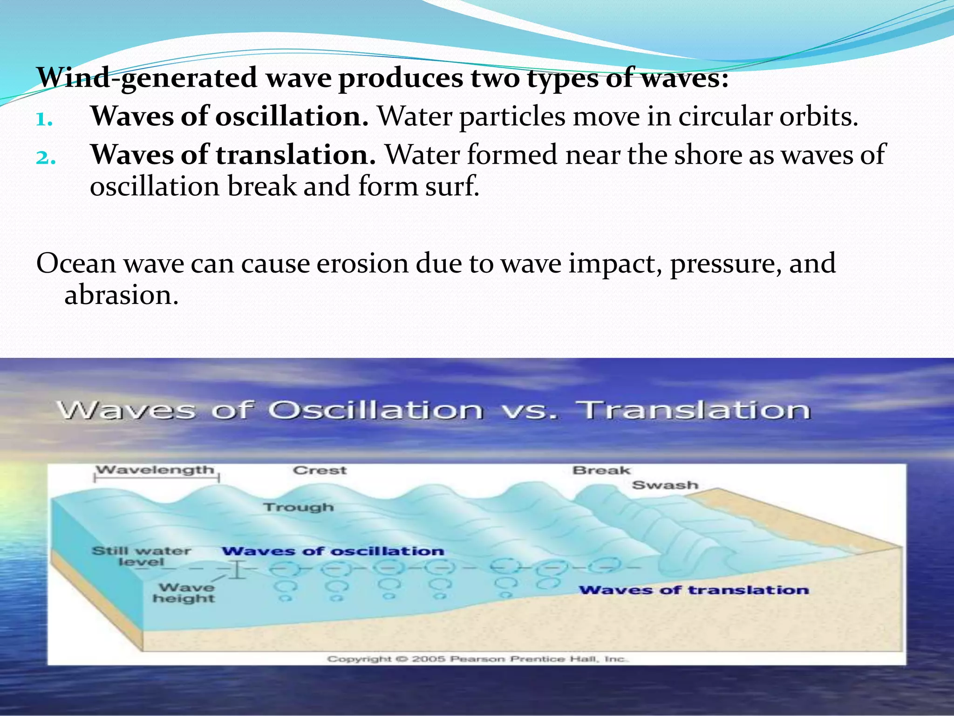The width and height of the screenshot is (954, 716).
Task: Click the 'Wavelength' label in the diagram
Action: click(155, 469)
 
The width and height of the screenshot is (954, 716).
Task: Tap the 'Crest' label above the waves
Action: click(320, 470)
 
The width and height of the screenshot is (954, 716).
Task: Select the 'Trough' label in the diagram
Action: click(299, 507)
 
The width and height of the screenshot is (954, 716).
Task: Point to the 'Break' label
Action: click(601, 470)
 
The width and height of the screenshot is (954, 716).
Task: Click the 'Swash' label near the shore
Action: click(665, 485)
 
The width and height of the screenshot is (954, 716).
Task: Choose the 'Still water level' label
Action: click(141, 556)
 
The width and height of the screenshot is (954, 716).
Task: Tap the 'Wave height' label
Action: click(185, 592)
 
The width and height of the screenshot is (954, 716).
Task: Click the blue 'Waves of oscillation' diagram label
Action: click(333, 551)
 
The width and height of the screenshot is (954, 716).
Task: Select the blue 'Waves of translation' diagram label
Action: click(694, 590)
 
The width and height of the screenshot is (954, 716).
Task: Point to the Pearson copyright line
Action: click(478, 659)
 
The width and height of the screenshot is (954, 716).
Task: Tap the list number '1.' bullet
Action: click(44, 120)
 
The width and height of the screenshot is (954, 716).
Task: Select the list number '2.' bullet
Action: click(46, 158)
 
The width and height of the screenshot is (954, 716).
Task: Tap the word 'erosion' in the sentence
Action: click(362, 263)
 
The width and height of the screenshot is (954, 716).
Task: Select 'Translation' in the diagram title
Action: click(694, 410)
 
